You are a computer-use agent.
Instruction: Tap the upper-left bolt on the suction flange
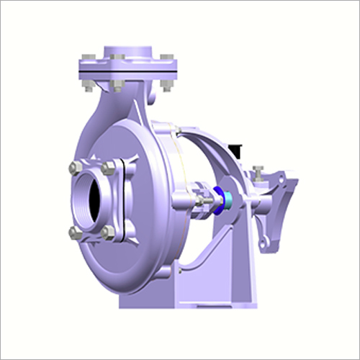(76, 168)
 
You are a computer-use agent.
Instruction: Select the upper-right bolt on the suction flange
(108, 168)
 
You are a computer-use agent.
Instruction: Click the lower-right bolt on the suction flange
(108, 232)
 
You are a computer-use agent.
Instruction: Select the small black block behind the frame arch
(235, 150)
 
